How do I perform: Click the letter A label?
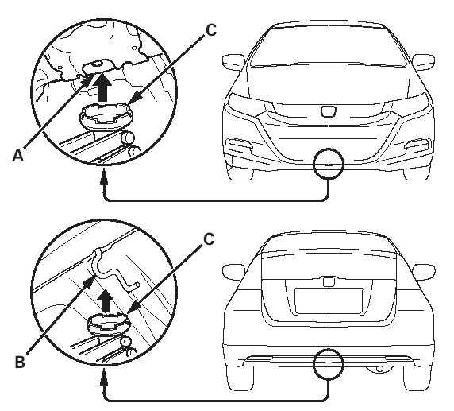(x=18, y=156)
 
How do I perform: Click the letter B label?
(x=20, y=362)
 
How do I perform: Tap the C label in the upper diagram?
(x=211, y=30)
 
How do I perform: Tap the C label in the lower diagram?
(x=209, y=239)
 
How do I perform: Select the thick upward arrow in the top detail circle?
(x=104, y=88)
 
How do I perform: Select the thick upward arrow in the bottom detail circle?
(x=106, y=301)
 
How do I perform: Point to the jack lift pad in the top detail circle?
(x=106, y=116)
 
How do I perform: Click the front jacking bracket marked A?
(x=98, y=67)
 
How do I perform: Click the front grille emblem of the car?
(x=329, y=112)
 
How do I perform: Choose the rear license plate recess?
(x=329, y=301)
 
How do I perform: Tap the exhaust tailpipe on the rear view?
(x=379, y=369)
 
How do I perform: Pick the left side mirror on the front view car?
(x=233, y=62)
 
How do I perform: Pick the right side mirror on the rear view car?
(x=423, y=273)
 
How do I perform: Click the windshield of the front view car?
(x=329, y=46)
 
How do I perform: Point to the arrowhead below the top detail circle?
(x=104, y=178)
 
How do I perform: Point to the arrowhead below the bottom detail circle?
(x=104, y=378)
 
